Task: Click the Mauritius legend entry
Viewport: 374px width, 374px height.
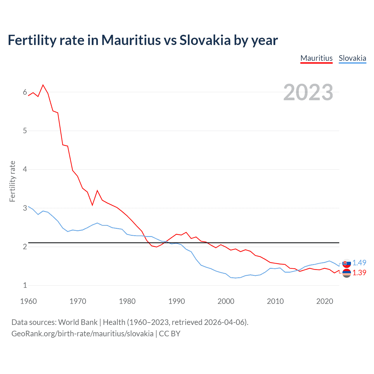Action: point(316,58)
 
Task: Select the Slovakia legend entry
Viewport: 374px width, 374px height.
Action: point(352,58)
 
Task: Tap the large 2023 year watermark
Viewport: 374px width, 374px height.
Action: point(308,92)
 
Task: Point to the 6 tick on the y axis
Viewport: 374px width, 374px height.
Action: point(25,92)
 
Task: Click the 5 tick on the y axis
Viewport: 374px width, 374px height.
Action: point(25,131)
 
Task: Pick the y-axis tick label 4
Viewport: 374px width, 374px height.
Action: point(25,169)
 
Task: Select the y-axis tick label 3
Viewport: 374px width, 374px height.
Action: point(25,208)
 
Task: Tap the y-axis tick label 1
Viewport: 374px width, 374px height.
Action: point(25,285)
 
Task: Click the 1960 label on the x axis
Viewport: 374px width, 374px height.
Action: point(28,301)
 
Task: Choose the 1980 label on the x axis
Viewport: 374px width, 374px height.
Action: point(127,301)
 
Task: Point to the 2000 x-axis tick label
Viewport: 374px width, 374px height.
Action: point(226,301)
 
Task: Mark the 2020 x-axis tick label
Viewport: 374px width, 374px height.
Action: point(325,301)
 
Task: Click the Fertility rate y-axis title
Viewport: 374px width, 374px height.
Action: point(12,181)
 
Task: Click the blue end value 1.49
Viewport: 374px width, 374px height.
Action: point(359,263)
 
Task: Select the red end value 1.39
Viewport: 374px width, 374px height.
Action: point(359,273)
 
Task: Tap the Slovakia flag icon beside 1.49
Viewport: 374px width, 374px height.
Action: point(347,263)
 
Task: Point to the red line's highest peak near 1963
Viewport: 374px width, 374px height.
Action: point(43,85)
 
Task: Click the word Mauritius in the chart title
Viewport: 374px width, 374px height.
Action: point(131,40)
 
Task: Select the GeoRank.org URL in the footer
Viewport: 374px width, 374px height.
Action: point(82,334)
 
